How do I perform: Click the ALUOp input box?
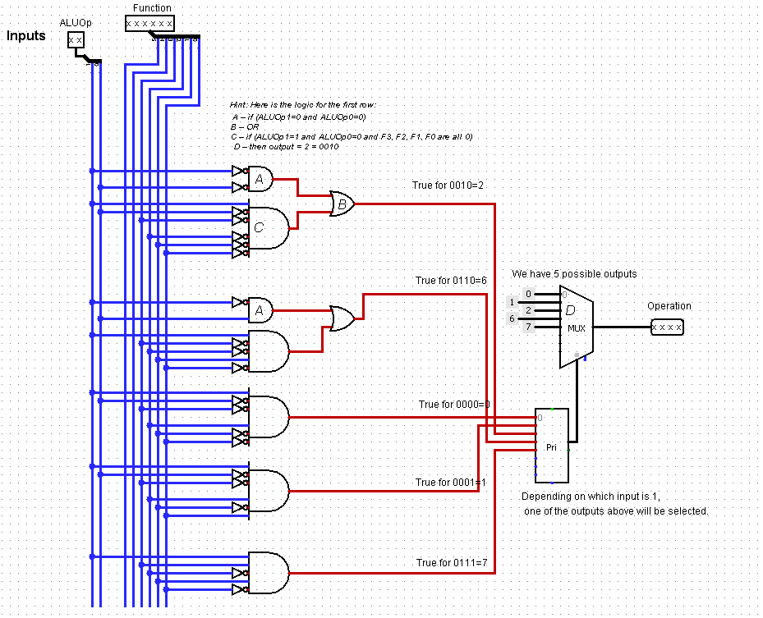click(x=76, y=39)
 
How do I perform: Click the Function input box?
click(x=149, y=23)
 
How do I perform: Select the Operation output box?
click(x=666, y=327)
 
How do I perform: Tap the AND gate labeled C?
click(x=268, y=227)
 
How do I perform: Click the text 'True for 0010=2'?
click(x=448, y=185)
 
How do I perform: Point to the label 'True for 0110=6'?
click(x=451, y=281)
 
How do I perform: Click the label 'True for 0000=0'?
click(x=454, y=405)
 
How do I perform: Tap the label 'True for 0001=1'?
click(x=451, y=483)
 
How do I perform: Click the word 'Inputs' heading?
click(x=26, y=36)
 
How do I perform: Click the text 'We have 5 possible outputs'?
click(x=574, y=273)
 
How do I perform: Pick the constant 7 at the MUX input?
click(x=512, y=327)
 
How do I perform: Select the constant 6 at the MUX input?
click(x=512, y=318)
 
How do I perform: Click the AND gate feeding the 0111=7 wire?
click(x=268, y=572)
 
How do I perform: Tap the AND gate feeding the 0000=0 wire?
click(x=268, y=417)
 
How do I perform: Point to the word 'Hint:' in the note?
click(x=240, y=105)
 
